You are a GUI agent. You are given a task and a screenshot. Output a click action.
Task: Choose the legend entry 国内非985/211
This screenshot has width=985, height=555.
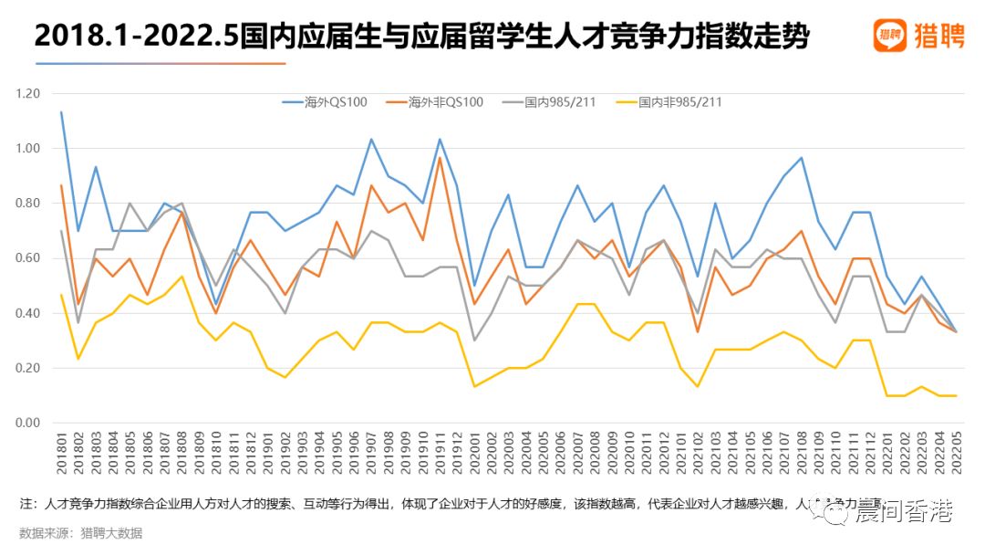(x=680, y=102)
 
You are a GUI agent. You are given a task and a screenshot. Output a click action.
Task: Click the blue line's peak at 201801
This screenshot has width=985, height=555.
(x=61, y=112)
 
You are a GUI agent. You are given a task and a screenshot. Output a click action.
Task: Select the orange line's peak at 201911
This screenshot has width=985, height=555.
(x=440, y=158)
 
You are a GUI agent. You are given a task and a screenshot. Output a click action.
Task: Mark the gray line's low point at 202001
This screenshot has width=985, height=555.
(x=474, y=340)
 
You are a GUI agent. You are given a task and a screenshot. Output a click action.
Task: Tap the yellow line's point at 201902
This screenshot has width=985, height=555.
(x=285, y=377)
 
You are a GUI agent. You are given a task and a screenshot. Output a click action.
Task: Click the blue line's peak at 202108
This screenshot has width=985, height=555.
(x=801, y=158)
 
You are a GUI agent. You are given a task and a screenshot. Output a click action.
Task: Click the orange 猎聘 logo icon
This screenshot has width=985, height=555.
(x=889, y=36)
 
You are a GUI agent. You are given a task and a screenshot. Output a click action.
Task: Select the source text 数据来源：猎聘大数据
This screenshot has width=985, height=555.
(x=81, y=534)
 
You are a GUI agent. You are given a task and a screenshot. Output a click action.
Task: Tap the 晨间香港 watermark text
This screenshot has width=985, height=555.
(x=903, y=513)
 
